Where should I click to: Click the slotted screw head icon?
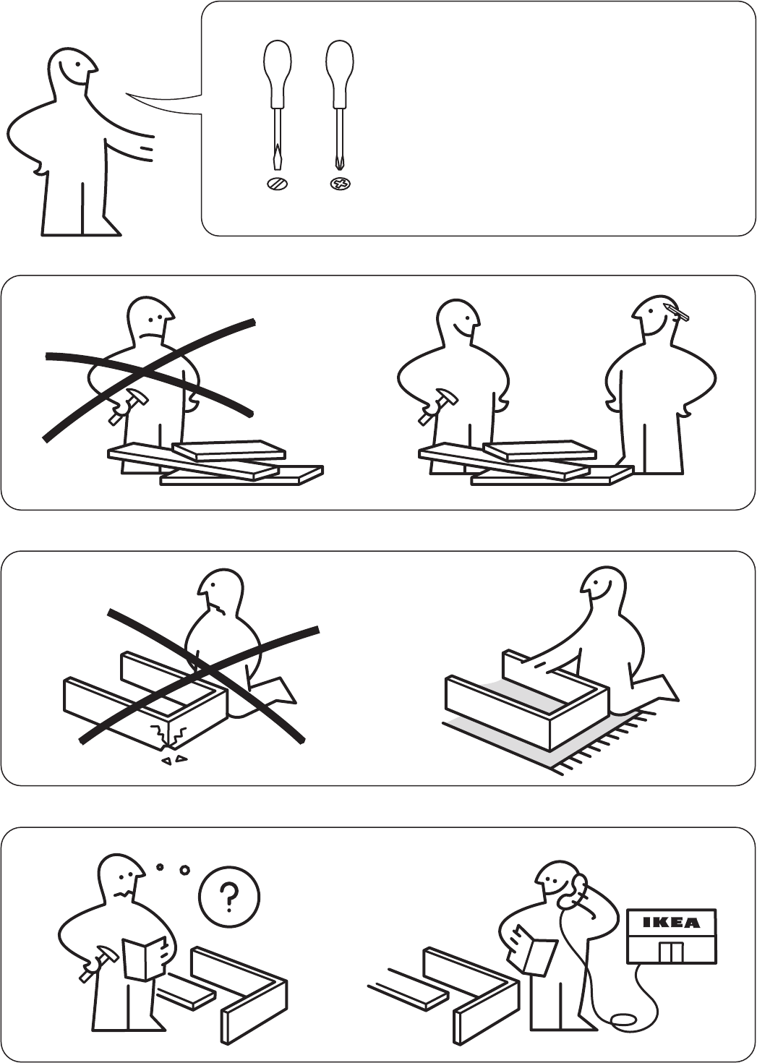click(278, 183)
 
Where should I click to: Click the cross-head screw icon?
click(341, 183)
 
